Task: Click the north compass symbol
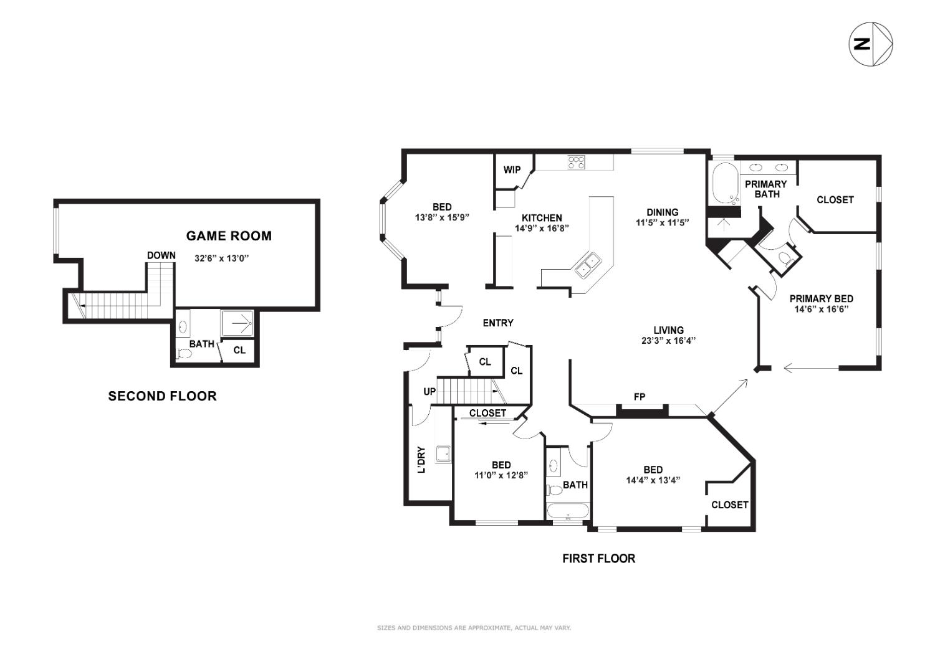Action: click(x=871, y=44)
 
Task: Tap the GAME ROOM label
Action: click(x=229, y=235)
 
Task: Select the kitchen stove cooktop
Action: click(x=576, y=163)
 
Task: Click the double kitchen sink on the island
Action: click(x=587, y=264)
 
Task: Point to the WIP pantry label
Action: click(x=512, y=170)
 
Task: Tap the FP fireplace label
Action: click(x=639, y=397)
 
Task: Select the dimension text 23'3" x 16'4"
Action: click(x=668, y=341)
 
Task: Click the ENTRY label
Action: click(x=498, y=323)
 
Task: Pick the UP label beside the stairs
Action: click(x=429, y=392)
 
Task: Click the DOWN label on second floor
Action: click(x=161, y=255)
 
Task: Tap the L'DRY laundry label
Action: click(x=422, y=460)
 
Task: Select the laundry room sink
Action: click(x=443, y=454)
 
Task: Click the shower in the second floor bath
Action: click(x=237, y=323)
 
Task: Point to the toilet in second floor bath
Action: click(x=183, y=354)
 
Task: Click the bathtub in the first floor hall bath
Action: click(x=567, y=511)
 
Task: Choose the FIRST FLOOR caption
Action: click(x=598, y=559)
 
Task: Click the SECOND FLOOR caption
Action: click(x=162, y=396)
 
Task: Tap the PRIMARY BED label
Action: click(x=821, y=298)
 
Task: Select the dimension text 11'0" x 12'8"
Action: click(x=501, y=475)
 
